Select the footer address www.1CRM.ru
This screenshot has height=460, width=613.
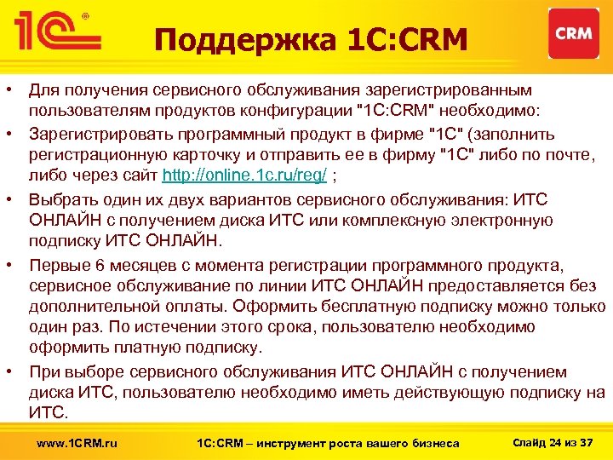pyautogui.click(x=77, y=442)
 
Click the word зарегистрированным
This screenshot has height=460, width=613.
pyautogui.click(x=460, y=89)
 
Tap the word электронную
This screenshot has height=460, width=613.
pyautogui.click(x=506, y=221)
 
